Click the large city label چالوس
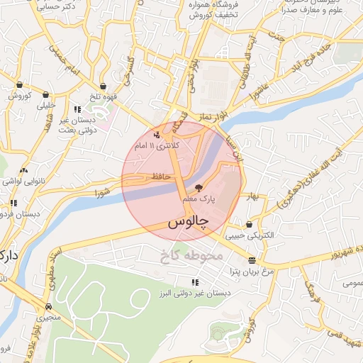click(x=190, y=223)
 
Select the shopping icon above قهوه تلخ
click(x=104, y=86)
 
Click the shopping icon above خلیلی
click(x=46, y=94)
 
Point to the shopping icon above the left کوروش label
click(x=18, y=84)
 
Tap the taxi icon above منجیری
click(x=48, y=306)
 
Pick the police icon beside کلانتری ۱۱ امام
click(x=157, y=135)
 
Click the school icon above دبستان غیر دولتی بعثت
click(x=77, y=109)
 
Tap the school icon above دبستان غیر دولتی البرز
click(x=195, y=282)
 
